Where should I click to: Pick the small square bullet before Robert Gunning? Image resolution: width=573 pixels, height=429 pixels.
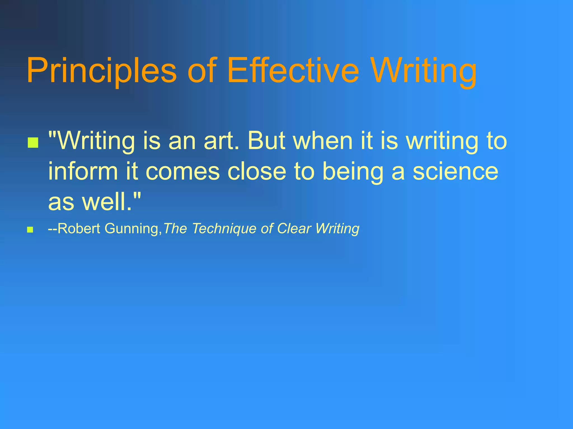pyautogui.click(x=30, y=230)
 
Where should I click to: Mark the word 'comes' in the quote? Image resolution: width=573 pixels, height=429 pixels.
pyautogui.click(x=182, y=171)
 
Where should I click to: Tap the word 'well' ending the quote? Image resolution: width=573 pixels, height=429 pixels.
pyautogui.click(x=104, y=201)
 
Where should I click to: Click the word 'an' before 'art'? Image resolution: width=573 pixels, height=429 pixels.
pyautogui.click(x=182, y=141)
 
